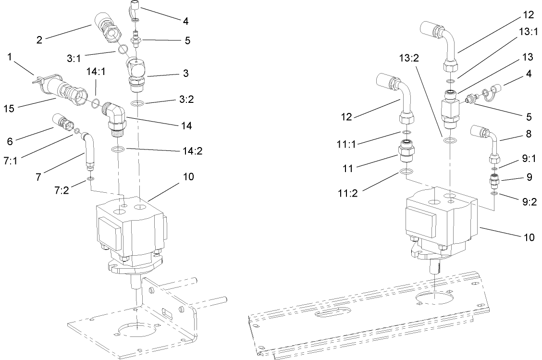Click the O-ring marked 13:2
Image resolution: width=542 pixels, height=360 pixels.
pyautogui.click(x=450, y=141)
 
